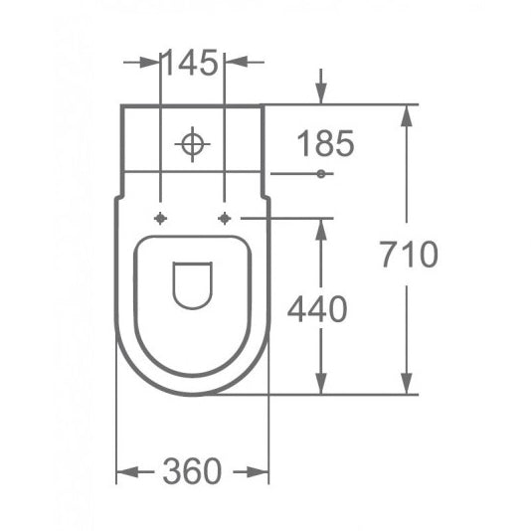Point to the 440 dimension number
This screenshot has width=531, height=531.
pyautogui.click(x=317, y=310)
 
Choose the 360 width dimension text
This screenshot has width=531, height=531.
pyautogui.click(x=192, y=471)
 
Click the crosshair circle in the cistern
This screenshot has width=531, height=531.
pyautogui.click(x=192, y=144)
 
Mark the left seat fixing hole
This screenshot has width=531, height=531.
pyautogui.click(x=159, y=218)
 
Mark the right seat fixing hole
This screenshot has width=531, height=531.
pyautogui.click(x=225, y=218)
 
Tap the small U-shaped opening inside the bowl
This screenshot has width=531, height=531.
pyautogui.click(x=191, y=284)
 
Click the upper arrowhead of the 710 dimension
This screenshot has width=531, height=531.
pyautogui.click(x=406, y=111)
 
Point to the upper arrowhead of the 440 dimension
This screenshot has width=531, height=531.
pyautogui.click(x=320, y=227)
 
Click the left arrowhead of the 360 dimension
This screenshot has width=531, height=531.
pyautogui.click(x=124, y=472)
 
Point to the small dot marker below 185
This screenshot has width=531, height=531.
pyautogui.click(x=320, y=174)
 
